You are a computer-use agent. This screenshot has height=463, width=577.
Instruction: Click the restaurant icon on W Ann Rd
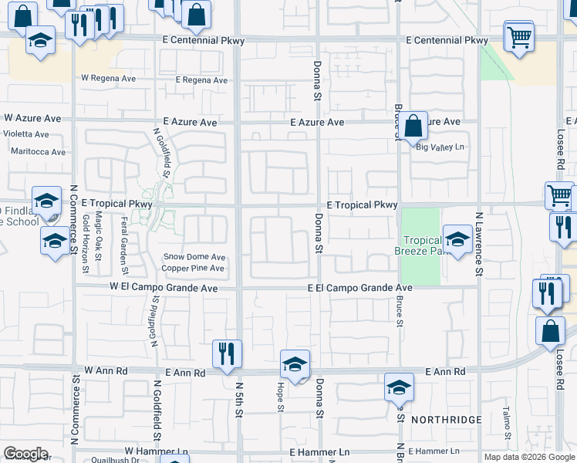[x=227, y=353]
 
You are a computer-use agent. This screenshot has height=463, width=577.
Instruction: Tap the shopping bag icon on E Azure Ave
[x=413, y=125]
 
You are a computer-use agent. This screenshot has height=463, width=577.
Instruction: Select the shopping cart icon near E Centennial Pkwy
[x=519, y=36]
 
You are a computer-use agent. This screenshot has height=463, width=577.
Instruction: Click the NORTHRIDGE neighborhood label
[x=446, y=420]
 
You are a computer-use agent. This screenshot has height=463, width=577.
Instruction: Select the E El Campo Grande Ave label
[x=359, y=288]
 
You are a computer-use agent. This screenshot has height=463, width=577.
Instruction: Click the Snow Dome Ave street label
[x=194, y=257]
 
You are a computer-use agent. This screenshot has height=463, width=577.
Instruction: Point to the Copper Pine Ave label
[x=192, y=269]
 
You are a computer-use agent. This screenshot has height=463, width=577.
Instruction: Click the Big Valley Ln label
[x=441, y=147]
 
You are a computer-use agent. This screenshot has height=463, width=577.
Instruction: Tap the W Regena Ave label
[x=109, y=79]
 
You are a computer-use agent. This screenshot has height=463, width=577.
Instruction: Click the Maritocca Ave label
[x=38, y=151]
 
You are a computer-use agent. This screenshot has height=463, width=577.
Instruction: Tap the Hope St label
[x=279, y=394]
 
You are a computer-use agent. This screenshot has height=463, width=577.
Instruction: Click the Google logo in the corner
[x=25, y=454]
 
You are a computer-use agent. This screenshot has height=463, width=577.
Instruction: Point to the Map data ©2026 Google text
[x=528, y=457]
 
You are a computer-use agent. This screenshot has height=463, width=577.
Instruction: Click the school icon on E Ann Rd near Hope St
[x=294, y=363]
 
